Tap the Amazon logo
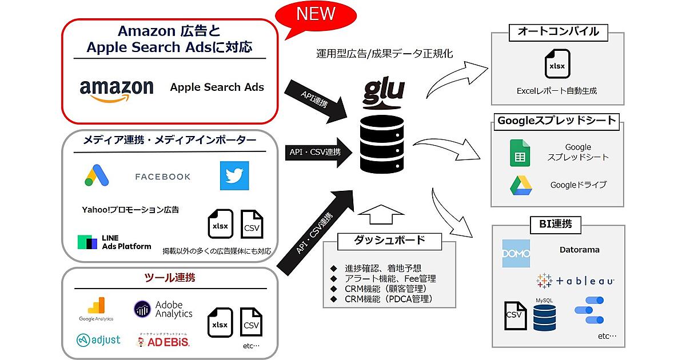[117, 90]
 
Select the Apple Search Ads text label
[217, 87]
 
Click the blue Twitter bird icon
[234, 175]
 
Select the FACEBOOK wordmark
[163, 177]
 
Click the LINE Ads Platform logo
[114, 242]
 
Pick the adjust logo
[98, 340]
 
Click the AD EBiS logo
[163, 341]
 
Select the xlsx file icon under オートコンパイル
[556, 65]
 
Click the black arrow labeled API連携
[321, 101]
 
